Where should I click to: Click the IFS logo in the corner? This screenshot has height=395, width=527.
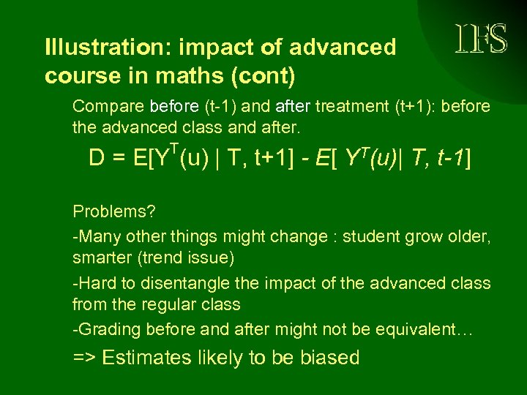480,39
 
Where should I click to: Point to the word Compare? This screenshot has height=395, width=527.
108,107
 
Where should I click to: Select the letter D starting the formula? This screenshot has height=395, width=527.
97,159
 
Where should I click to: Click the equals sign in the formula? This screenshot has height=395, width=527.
119,159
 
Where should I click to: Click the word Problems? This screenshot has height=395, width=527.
113,211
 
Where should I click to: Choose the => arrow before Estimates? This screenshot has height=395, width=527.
84,358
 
